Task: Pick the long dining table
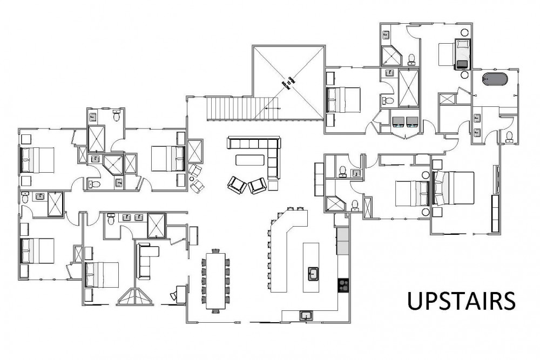click(x=216, y=281)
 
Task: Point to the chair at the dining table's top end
click(x=217, y=251)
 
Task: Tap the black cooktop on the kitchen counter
click(x=342, y=284)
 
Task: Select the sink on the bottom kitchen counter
click(x=306, y=315)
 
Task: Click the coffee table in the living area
click(x=250, y=160)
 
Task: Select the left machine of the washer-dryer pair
click(x=400, y=122)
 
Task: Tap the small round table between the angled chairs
click(x=192, y=179)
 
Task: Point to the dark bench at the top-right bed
click(x=463, y=64)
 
